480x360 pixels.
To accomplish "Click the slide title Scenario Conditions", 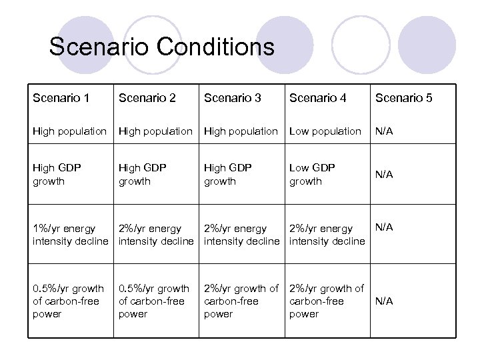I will click(x=161, y=47).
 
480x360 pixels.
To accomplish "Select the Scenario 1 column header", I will click(x=61, y=98).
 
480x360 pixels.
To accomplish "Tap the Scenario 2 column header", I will click(x=147, y=98).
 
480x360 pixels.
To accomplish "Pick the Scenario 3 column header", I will click(x=232, y=98).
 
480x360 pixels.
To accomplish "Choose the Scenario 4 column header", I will click(x=317, y=98).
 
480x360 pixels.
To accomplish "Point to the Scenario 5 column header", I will click(x=403, y=98).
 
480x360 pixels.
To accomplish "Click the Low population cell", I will click(x=325, y=131).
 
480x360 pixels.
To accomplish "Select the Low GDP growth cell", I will click(x=312, y=175).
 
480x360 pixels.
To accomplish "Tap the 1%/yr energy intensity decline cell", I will click(x=70, y=235).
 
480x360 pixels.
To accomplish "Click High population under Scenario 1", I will click(x=69, y=131).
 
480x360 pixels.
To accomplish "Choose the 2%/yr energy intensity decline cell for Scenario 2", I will click(x=156, y=235).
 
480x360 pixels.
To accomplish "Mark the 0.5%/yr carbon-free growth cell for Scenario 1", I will click(x=68, y=301).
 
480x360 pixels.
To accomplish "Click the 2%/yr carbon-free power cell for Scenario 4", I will click(x=327, y=301).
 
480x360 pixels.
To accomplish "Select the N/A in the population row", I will click(x=384, y=131).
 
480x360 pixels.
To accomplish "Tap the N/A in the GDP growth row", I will click(x=384, y=175).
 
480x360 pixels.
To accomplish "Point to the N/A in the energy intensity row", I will click(x=384, y=227).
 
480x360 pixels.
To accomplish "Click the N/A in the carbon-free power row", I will click(x=384, y=301).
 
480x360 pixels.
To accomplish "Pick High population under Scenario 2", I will click(x=155, y=131).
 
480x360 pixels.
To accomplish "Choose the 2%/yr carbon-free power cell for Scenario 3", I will click(x=241, y=301).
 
